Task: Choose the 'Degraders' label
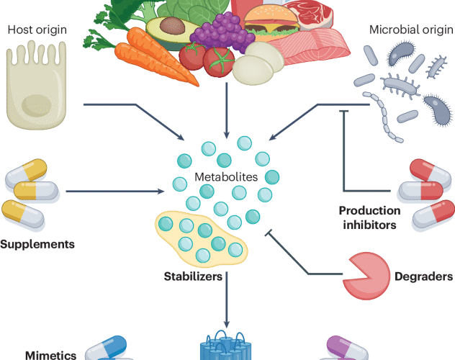point(423,276)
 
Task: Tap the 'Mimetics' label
point(50,354)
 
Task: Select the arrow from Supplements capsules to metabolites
point(115,192)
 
